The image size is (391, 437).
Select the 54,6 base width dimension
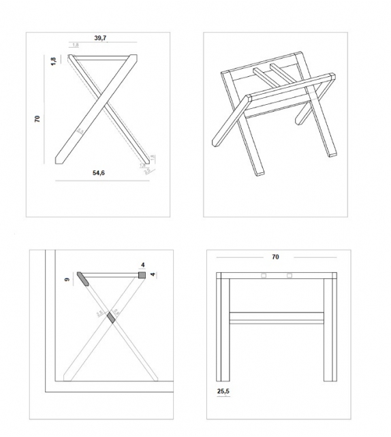[x=99, y=174]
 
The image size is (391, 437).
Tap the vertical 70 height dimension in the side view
[x=38, y=118]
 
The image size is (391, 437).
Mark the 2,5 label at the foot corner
[x=147, y=171]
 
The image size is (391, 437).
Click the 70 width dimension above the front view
[x=275, y=257]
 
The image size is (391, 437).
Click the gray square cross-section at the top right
[x=142, y=275]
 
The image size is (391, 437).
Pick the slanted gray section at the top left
[x=83, y=279]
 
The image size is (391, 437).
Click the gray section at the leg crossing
[x=112, y=317]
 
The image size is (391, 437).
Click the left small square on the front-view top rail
[x=264, y=276]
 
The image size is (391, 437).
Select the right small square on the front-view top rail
[x=290, y=276]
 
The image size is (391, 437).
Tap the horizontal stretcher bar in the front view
[x=276, y=317]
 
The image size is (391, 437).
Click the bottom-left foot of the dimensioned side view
[x=60, y=159]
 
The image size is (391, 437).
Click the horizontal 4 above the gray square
[x=143, y=265]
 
